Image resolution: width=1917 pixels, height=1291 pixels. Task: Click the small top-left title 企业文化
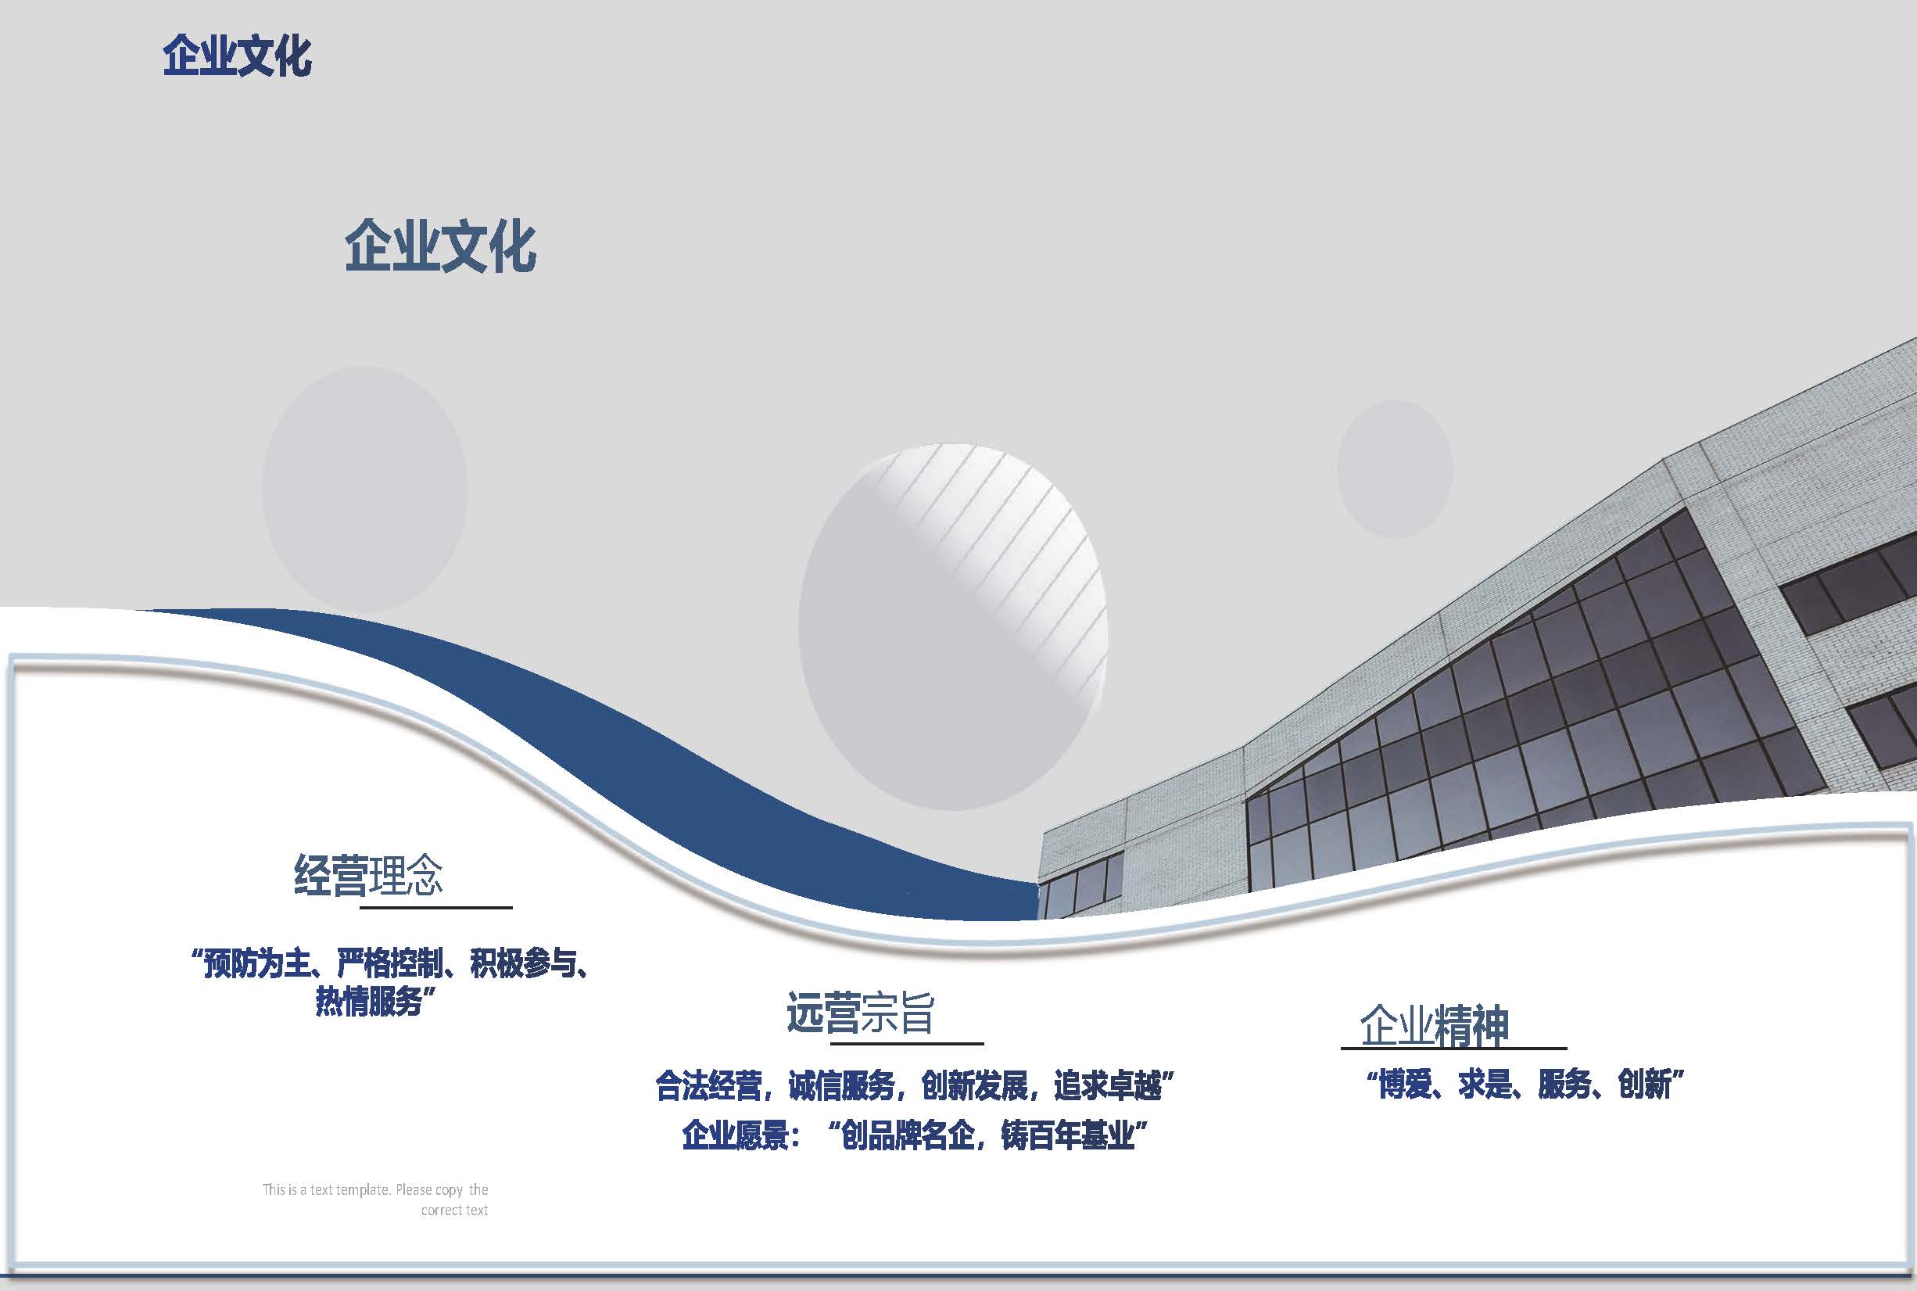pyautogui.click(x=237, y=57)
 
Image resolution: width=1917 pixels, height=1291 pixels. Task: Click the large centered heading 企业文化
pyautogui.click(x=440, y=246)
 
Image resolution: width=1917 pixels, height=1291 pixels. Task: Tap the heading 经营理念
pyautogui.click(x=369, y=875)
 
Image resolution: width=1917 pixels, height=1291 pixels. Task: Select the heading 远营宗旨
pyautogui.click(x=860, y=1013)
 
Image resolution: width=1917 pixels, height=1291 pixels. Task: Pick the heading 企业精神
pyautogui.click(x=1435, y=1025)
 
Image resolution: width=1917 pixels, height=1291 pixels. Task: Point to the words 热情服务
pyautogui.click(x=368, y=1002)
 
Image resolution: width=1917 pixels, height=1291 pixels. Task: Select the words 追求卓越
pyautogui.click(x=1107, y=1086)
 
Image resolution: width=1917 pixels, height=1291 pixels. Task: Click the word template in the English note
pyautogui.click(x=362, y=1189)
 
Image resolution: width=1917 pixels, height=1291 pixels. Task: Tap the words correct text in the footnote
pyautogui.click(x=454, y=1210)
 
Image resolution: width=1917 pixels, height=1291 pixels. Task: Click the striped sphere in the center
pyautogui.click(x=953, y=627)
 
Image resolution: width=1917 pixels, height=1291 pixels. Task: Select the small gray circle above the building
pyautogui.click(x=1394, y=469)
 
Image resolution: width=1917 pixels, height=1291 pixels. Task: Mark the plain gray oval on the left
pyautogui.click(x=364, y=490)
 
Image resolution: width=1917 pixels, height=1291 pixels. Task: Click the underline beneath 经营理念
pyautogui.click(x=436, y=907)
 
